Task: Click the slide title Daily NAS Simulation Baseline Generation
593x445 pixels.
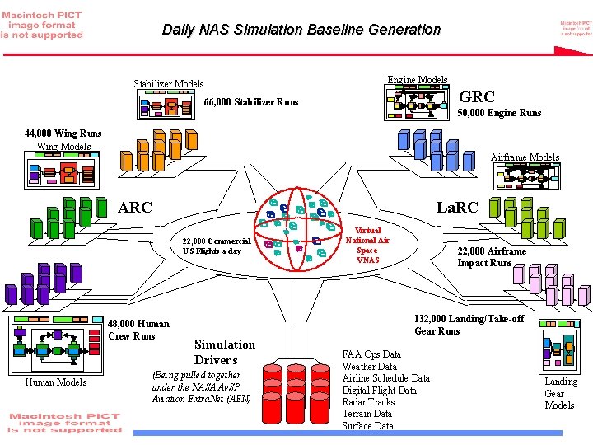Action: click(x=301, y=30)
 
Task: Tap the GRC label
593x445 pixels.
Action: click(x=476, y=97)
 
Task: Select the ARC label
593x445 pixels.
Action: click(x=135, y=208)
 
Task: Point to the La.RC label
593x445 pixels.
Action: click(x=456, y=208)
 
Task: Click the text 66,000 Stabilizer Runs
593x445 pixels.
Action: click(x=250, y=103)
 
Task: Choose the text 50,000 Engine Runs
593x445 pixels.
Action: click(x=499, y=113)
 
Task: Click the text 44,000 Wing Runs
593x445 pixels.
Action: click(x=63, y=133)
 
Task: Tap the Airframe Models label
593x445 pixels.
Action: click(x=525, y=157)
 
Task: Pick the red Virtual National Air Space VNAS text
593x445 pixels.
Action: click(x=367, y=245)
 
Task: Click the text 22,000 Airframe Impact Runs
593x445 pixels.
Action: click(x=492, y=257)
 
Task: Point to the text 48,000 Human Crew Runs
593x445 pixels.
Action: click(x=138, y=330)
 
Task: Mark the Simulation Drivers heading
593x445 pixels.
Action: click(x=224, y=352)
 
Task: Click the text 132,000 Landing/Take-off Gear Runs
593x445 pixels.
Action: click(x=469, y=325)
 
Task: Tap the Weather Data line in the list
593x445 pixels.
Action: click(x=369, y=367)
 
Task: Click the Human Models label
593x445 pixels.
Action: click(x=55, y=382)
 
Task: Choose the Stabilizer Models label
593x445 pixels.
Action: click(x=168, y=84)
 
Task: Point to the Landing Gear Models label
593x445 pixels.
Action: click(x=560, y=393)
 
